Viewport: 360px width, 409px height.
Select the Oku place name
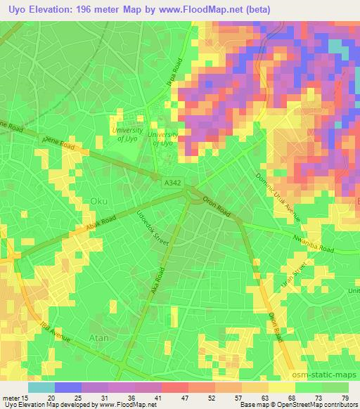(99, 201)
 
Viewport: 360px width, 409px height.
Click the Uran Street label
(301, 275)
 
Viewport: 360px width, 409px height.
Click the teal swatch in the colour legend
(41, 387)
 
